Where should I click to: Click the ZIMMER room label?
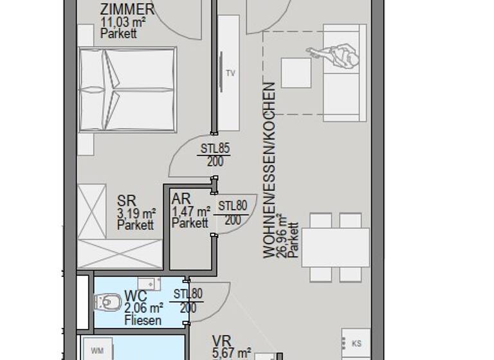127,10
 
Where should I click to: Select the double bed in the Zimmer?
127,89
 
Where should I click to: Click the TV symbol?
230,73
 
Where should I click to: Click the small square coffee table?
296,73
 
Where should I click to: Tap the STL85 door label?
215,148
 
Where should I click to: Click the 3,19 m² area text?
136,213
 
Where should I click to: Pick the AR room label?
181,199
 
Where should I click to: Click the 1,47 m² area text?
191,212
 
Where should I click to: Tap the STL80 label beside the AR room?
233,206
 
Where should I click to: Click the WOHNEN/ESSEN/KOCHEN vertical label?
269,170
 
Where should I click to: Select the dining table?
335,248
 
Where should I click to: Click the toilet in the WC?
107,300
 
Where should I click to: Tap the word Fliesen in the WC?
143,320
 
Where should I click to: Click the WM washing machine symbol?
97,350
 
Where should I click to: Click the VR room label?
222,340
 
